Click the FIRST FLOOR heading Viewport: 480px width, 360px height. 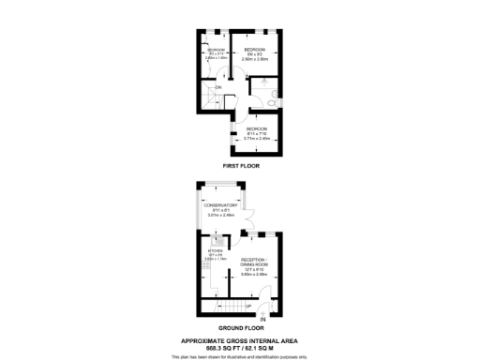point(241,165)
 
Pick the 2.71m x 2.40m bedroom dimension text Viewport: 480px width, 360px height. point(257,137)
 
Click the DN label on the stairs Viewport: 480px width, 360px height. point(218,88)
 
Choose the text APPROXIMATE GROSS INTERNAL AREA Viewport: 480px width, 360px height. point(240,340)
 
